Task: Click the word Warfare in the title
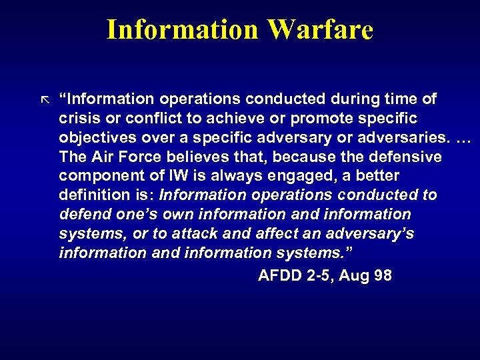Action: coord(321,30)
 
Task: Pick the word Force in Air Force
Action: coord(132,157)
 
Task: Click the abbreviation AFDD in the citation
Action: coord(277,275)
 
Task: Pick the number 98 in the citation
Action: coord(383,275)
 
